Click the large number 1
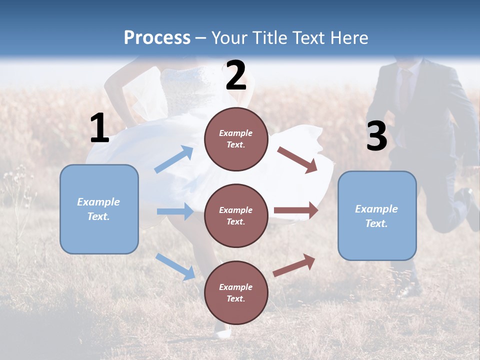point(99,128)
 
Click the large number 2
point(236,75)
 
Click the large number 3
point(376,136)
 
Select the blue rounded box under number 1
point(99,209)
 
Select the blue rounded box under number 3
point(377,215)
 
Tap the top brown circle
point(236,139)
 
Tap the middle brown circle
point(236,215)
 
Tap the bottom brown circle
point(236,292)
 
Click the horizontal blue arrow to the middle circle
point(175,211)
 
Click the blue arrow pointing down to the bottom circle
point(175,266)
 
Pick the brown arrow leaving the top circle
point(298,159)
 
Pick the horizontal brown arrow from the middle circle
point(296,210)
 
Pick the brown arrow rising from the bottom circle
point(294,265)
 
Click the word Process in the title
point(157,37)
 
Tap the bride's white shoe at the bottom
point(221,331)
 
